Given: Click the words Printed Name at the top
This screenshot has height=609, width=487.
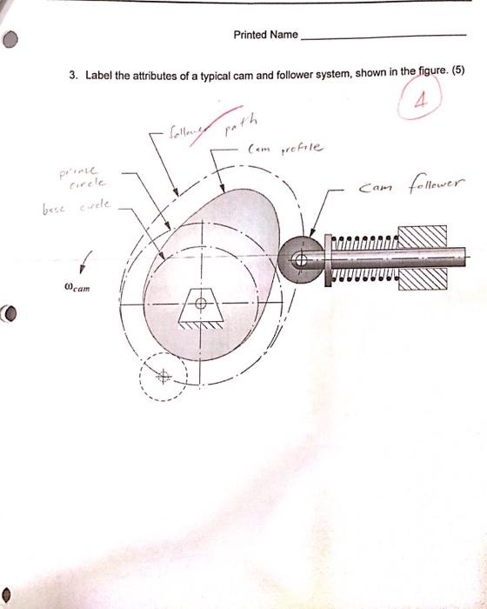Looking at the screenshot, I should (265, 36).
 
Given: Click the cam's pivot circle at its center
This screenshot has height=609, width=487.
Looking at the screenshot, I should (198, 304).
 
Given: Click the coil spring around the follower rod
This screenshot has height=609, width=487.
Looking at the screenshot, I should (361, 258).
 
